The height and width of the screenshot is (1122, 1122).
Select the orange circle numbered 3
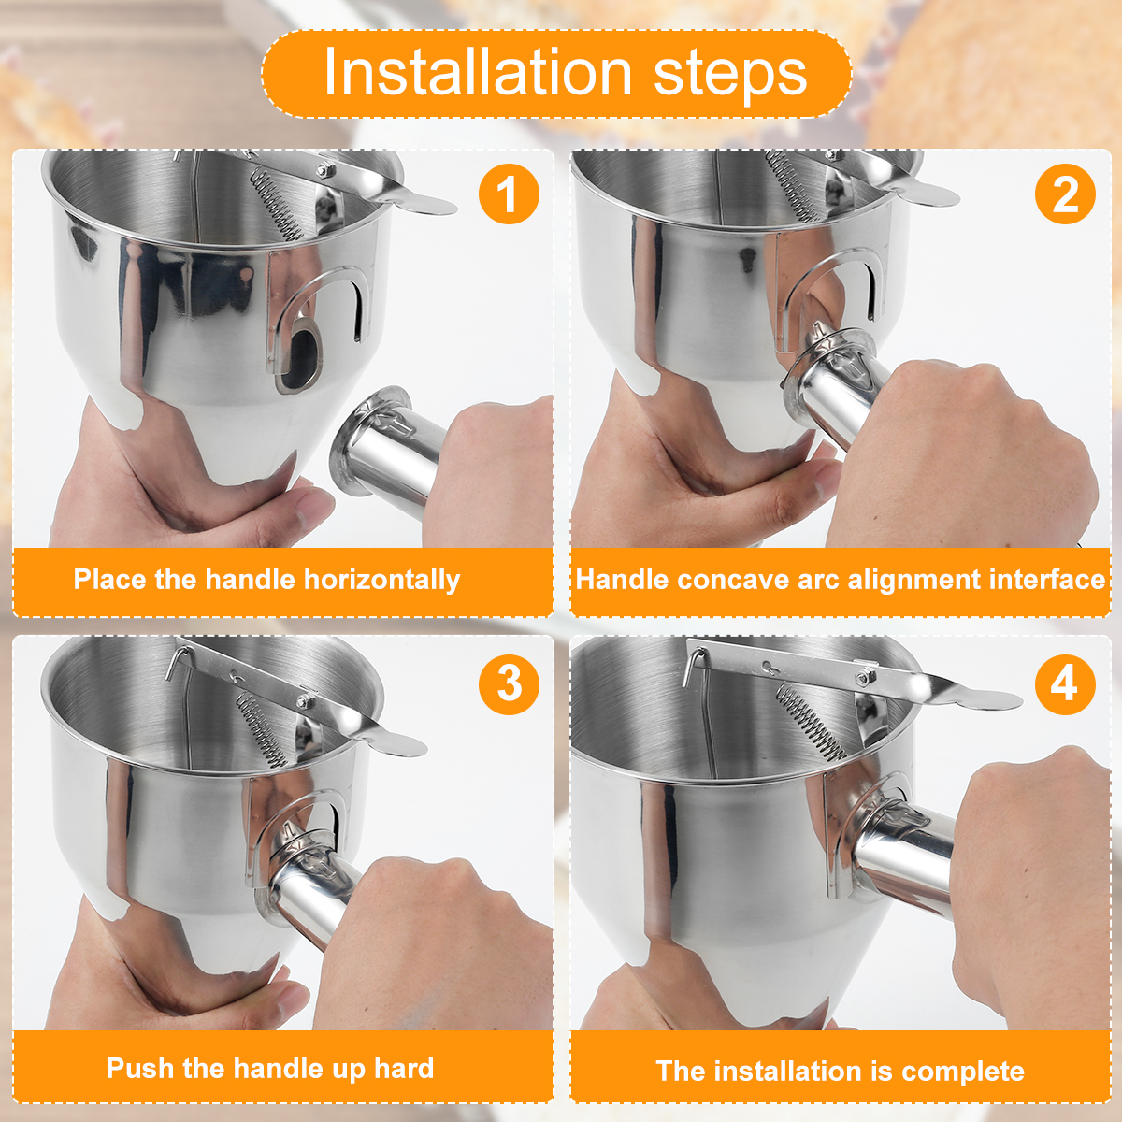pyautogui.click(x=509, y=683)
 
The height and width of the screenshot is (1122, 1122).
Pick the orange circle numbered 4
pyautogui.click(x=1065, y=683)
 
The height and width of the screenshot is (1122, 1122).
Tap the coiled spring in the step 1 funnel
pyautogui.click(x=277, y=208)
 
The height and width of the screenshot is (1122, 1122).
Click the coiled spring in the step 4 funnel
pyautogui.click(x=809, y=720)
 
